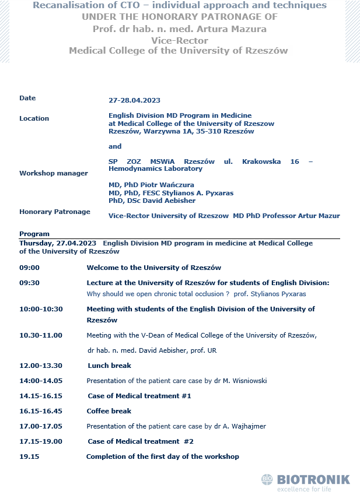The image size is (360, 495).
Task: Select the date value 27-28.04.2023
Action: [x=134, y=100]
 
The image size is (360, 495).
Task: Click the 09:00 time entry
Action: [x=29, y=268]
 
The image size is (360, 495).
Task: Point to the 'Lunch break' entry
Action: [x=109, y=366]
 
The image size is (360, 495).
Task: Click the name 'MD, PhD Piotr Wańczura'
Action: [x=151, y=185]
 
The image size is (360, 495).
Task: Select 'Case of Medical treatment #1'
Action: [x=139, y=396]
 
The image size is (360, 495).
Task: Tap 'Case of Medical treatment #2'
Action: [x=141, y=441]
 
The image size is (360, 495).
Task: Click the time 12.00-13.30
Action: [x=41, y=366]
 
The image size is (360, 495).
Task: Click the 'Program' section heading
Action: [x=34, y=234]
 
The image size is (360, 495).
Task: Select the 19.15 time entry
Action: [x=29, y=457]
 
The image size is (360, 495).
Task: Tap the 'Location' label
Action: [x=34, y=118]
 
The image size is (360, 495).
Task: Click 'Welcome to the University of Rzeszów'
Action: [x=153, y=268]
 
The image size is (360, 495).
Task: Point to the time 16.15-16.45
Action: [x=41, y=410]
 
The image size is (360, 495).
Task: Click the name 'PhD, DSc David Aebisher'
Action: [x=152, y=201]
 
